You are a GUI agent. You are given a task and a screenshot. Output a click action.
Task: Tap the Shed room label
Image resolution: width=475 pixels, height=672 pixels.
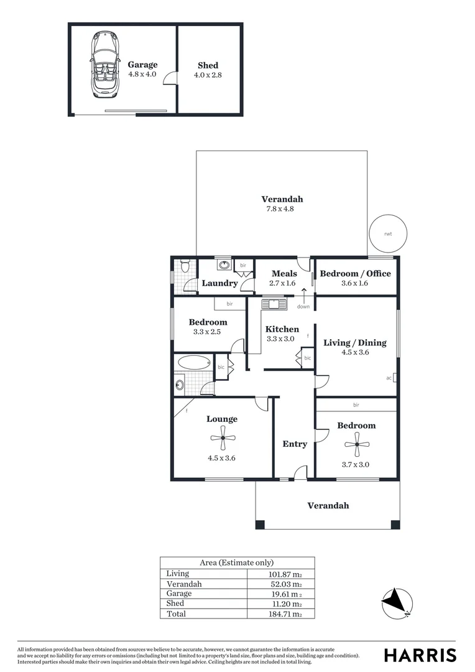(x=208, y=65)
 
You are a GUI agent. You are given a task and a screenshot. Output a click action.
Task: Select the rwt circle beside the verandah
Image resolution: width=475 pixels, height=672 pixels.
(x=388, y=234)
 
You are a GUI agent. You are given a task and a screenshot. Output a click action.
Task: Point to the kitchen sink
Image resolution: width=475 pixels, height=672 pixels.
(x=273, y=304)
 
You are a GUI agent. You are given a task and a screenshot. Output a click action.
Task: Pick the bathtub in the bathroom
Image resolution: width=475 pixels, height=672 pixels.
(x=194, y=362)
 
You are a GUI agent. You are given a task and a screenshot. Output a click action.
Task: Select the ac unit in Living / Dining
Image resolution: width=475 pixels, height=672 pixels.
(x=394, y=377)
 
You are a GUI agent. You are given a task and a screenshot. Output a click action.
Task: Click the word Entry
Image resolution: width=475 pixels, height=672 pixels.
(x=295, y=444)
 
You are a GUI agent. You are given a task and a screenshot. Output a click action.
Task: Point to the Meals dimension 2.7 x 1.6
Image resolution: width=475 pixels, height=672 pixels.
(x=284, y=283)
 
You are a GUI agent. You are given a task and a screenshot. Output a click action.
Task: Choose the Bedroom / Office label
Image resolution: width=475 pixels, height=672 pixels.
(x=355, y=274)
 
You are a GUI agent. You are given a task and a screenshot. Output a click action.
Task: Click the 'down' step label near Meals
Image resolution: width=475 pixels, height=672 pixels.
(x=303, y=306)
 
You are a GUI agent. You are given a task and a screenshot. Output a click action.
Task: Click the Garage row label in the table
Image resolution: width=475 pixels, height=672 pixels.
(x=180, y=594)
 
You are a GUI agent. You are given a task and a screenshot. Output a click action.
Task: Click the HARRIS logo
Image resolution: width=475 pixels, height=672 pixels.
(x=420, y=655)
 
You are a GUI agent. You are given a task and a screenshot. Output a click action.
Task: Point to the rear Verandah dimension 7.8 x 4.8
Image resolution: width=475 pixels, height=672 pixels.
(x=279, y=209)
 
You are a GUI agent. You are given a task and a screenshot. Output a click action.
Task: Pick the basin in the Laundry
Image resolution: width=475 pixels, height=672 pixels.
(x=224, y=266)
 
